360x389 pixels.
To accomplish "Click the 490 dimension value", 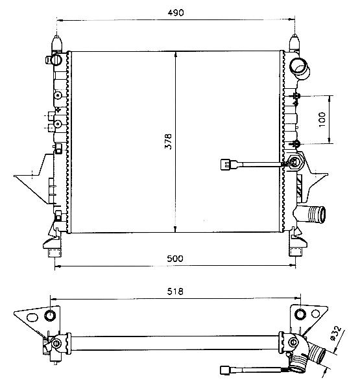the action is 176,13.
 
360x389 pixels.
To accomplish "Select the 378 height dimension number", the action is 169,141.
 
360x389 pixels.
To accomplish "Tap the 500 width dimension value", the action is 175,259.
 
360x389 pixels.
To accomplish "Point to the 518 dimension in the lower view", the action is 175,291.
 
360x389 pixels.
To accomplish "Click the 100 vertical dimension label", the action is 322,119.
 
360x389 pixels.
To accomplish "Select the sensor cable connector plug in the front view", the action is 226,164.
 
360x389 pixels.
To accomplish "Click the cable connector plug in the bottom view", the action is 225,370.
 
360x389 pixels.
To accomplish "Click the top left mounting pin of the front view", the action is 57,43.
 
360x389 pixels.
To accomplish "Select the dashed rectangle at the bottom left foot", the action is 54,253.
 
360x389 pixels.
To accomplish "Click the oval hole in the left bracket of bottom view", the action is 32,317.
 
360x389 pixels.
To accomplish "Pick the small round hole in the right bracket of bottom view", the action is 315,314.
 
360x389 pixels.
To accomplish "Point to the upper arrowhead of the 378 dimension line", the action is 176,54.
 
